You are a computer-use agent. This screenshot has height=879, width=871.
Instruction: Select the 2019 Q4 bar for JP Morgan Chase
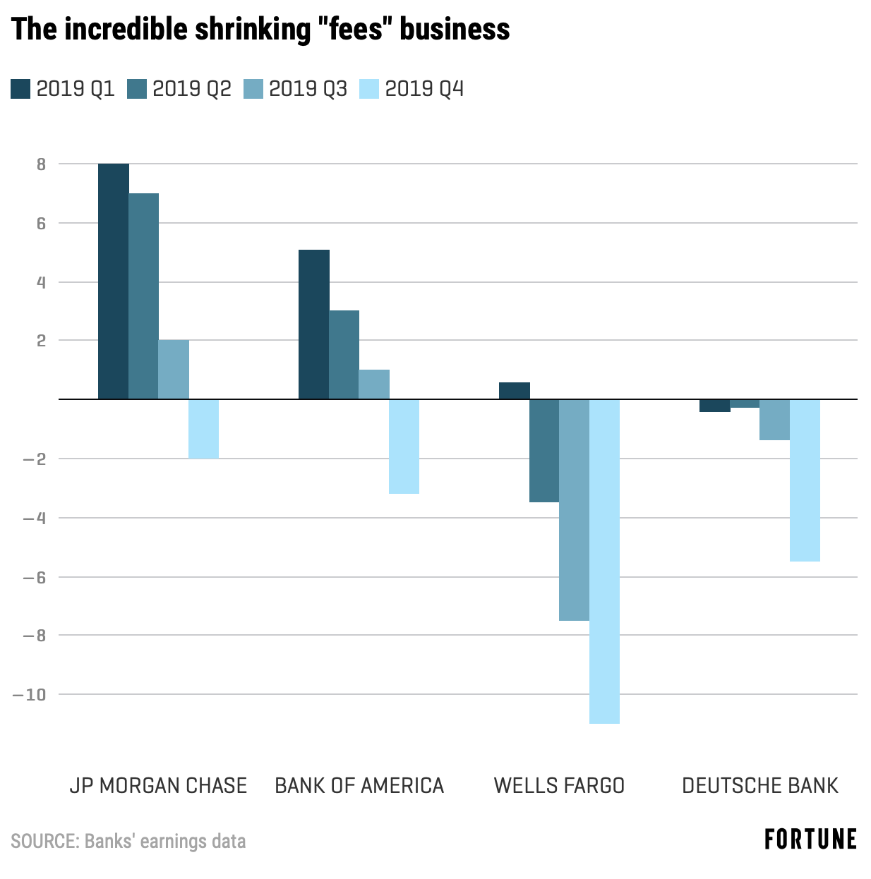point(203,429)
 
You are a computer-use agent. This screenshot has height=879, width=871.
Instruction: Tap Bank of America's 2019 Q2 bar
point(344,355)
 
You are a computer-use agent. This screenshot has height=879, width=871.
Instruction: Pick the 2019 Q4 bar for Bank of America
point(404,447)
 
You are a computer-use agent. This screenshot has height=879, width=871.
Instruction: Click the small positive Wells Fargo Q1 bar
point(515,391)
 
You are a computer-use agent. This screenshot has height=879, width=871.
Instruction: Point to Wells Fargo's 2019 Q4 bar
point(604,561)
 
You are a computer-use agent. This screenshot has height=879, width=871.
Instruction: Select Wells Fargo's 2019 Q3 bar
point(574,510)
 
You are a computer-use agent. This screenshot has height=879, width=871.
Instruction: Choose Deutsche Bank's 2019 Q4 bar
point(805,480)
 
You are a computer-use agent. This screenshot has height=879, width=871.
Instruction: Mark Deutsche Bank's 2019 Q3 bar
point(774,420)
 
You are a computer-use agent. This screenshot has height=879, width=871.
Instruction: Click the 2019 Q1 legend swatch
point(20,90)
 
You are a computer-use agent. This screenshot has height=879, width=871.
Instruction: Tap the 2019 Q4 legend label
point(424,89)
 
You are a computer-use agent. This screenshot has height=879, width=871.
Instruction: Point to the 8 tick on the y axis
point(42,164)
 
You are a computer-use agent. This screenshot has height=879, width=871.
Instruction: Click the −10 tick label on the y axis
point(30,695)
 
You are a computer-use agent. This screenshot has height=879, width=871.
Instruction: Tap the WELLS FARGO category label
point(559,785)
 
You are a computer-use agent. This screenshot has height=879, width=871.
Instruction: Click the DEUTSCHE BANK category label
point(759,785)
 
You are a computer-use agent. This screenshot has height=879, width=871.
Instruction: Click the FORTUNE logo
point(810,839)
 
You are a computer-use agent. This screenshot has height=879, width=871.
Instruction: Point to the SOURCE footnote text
point(128,841)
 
